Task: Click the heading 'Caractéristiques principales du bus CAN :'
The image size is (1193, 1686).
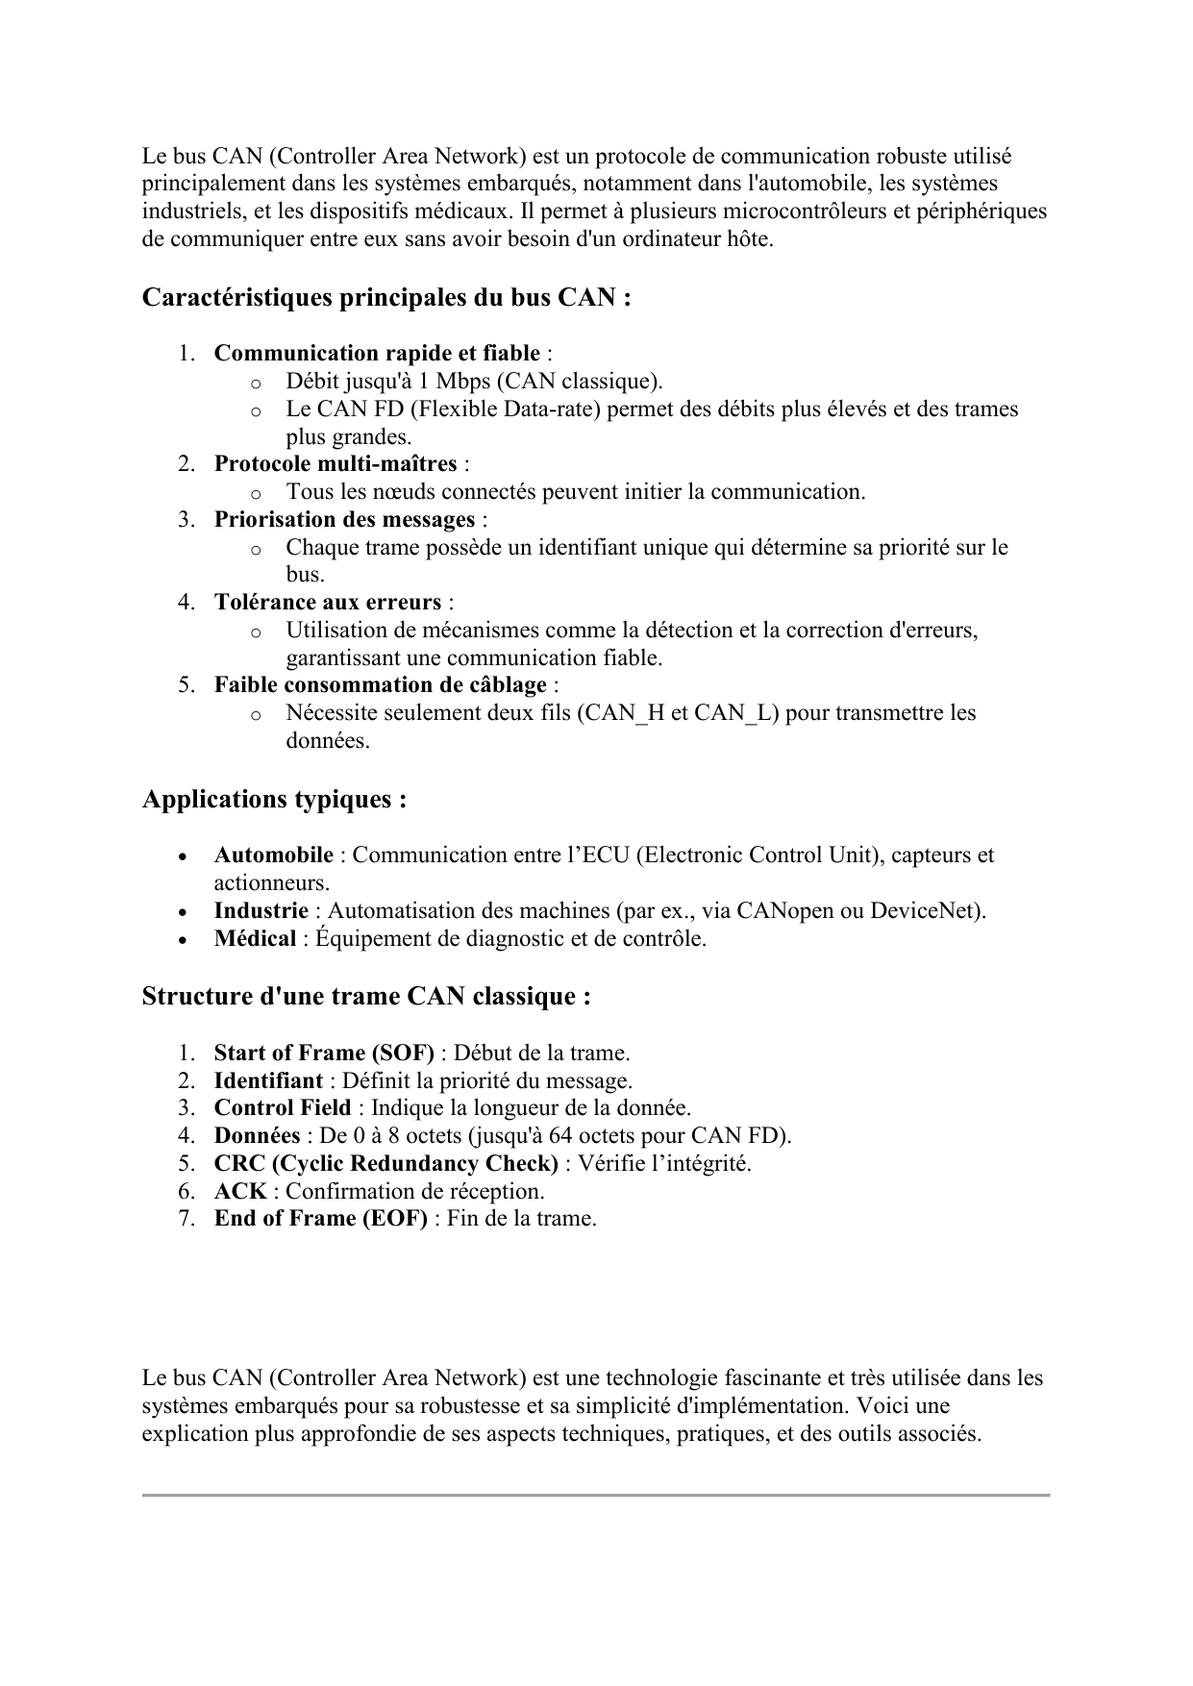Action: pos(386,298)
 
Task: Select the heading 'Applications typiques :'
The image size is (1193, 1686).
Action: pos(274,800)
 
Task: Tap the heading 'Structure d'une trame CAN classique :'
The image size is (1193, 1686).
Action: pos(366,997)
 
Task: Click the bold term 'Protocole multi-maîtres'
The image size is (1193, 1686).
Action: pos(336,464)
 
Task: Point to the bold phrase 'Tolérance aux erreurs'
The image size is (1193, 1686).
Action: pos(328,603)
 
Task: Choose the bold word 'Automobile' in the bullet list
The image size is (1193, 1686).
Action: pos(274,855)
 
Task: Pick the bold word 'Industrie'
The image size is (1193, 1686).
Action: pos(261,911)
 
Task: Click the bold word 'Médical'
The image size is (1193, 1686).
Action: pos(255,939)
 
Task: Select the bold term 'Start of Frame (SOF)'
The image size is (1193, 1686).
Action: pos(324,1054)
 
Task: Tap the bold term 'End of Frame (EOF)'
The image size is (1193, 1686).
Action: pos(321,1219)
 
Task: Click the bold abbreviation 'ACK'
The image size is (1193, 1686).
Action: pos(240,1192)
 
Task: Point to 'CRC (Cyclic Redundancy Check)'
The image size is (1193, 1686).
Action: pos(386,1164)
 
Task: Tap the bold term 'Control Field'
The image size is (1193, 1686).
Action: pos(283,1108)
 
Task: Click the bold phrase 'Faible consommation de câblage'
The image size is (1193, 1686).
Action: pos(381,685)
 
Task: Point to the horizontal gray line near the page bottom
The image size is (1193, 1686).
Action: pos(596,1496)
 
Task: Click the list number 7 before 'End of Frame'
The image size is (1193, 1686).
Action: pos(186,1219)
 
